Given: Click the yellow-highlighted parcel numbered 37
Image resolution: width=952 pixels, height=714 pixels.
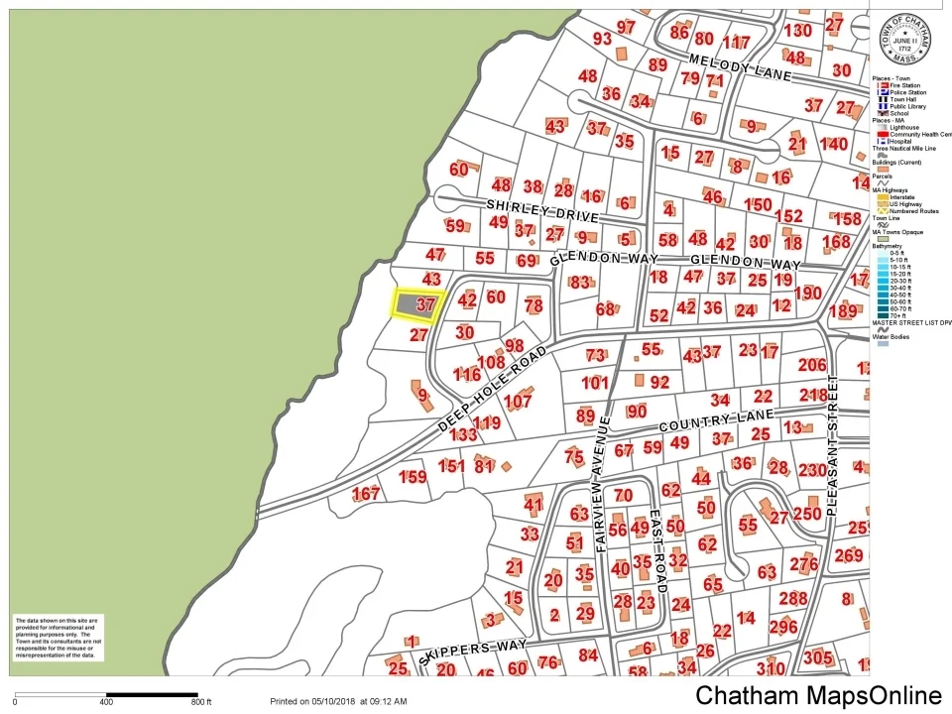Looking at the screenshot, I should (416, 303).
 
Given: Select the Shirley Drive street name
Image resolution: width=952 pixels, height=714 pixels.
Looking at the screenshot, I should (542, 209).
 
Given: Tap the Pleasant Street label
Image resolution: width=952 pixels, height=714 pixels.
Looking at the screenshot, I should (832, 444).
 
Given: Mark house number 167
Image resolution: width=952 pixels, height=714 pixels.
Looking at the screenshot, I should (366, 494).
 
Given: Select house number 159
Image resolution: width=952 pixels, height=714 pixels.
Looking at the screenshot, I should (413, 477).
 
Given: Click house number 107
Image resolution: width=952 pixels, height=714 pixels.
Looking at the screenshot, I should (518, 402).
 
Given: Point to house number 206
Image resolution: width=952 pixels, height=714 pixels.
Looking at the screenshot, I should (811, 365).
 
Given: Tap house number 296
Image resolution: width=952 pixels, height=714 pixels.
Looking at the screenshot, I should (782, 626).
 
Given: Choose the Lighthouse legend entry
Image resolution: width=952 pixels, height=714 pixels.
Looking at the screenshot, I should (903, 128).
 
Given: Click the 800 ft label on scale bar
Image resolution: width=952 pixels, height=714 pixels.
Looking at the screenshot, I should (201, 702).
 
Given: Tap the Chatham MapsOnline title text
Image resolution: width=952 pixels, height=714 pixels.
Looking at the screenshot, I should (818, 696).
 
